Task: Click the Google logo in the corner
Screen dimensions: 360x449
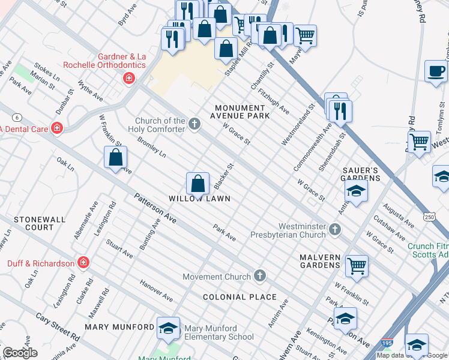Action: tap(20, 353)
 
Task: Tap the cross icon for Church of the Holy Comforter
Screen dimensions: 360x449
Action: tap(194, 124)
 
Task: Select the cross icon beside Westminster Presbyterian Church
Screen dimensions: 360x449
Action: tap(336, 229)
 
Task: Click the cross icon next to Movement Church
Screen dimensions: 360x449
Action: tap(259, 276)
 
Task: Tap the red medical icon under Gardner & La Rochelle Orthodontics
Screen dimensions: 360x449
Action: tap(128, 78)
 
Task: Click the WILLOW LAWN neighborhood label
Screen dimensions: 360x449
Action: tap(199, 199)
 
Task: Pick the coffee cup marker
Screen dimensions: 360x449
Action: tap(435, 71)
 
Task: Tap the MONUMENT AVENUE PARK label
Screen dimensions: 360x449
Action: tap(248, 112)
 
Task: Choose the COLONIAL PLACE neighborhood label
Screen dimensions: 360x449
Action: tap(239, 297)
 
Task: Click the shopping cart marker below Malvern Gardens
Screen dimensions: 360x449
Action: tap(357, 265)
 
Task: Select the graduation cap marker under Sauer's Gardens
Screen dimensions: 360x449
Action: tap(357, 191)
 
